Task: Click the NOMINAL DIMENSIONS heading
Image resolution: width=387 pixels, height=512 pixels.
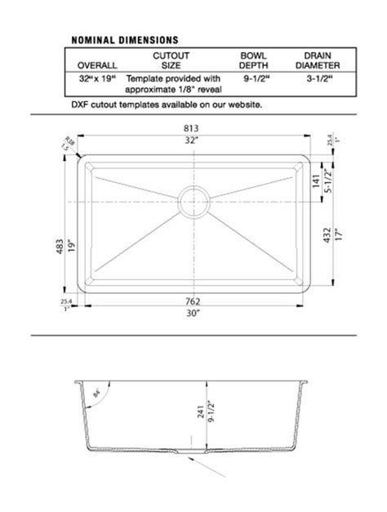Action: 125,38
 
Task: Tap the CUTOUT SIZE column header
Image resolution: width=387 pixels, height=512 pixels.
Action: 171,60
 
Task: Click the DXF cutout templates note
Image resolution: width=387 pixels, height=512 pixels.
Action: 167,105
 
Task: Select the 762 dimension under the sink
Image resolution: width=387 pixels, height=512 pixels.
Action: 193,301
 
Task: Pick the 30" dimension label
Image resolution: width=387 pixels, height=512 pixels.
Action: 193,313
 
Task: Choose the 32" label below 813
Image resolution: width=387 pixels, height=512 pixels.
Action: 193,140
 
